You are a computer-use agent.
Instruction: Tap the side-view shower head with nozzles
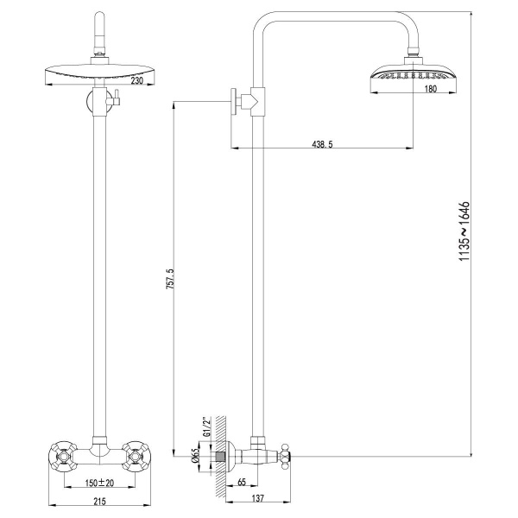point(408,76)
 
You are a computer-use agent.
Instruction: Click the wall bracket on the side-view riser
point(244,101)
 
